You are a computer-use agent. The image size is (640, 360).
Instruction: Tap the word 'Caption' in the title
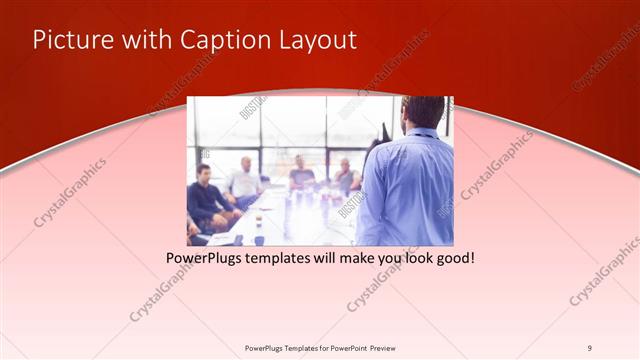click(223, 40)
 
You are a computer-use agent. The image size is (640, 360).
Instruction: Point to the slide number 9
click(589, 347)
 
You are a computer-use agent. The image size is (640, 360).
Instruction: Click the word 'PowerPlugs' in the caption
click(202, 258)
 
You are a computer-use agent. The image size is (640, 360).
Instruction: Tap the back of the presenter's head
click(423, 111)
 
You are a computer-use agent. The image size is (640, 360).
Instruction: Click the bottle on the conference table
click(259, 226)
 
